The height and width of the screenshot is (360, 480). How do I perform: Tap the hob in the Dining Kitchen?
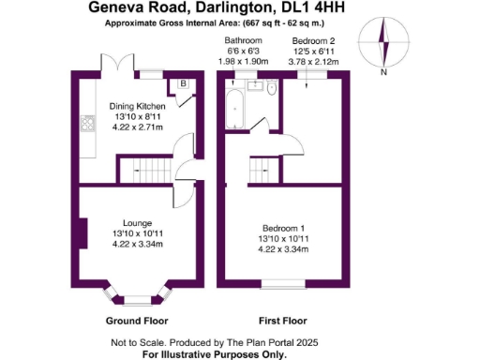point(89,123)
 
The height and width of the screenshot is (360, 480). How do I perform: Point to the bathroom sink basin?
point(252,86)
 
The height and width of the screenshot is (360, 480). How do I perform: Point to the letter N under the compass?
point(383,71)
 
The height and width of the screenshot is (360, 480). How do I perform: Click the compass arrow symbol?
point(383,43)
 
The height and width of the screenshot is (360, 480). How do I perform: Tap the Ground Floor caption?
point(137,319)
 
